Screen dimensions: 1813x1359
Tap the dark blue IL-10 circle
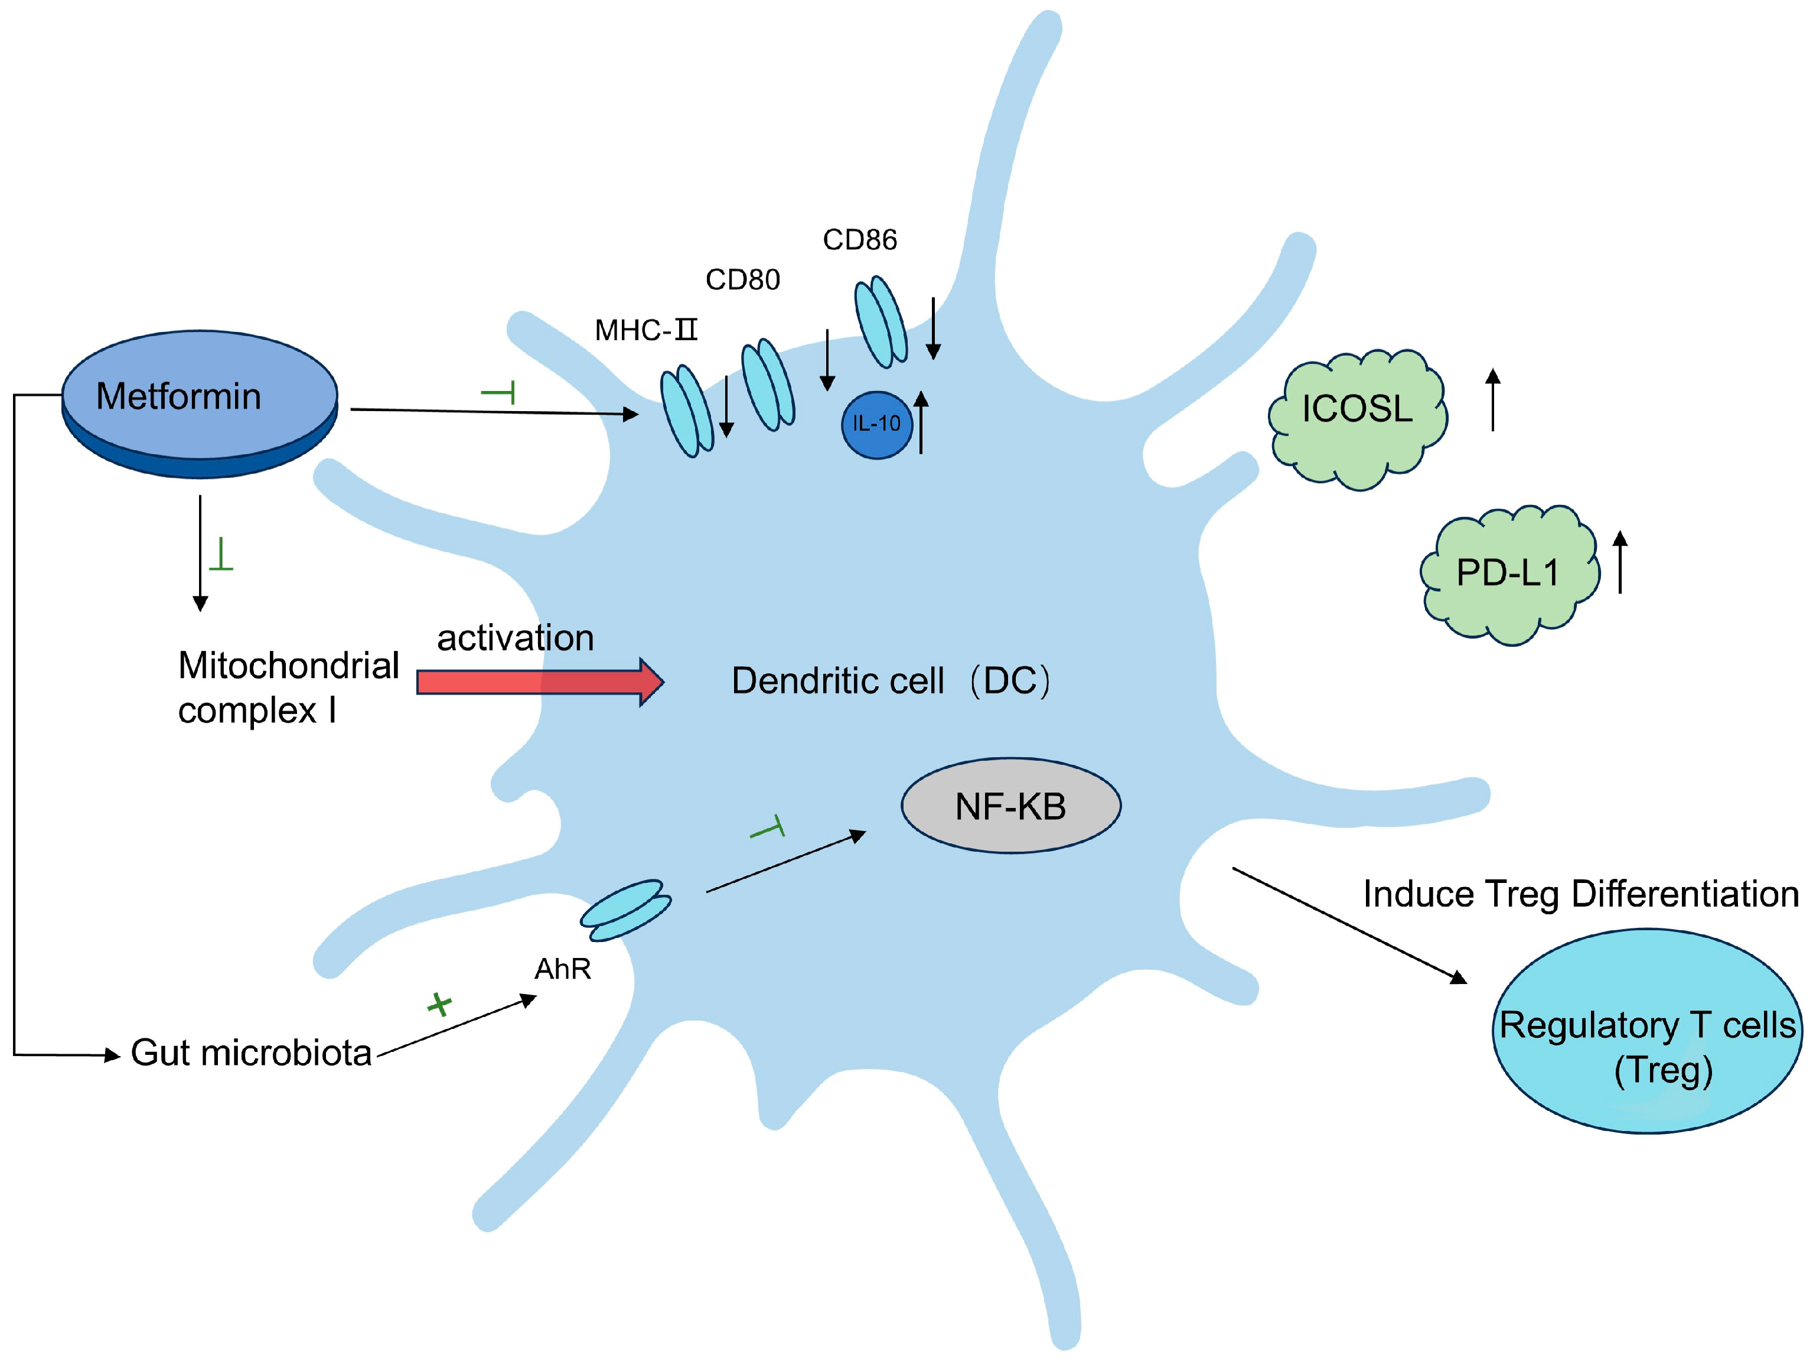876,425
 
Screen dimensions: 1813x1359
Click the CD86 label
860,239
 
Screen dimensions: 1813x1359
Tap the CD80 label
742,279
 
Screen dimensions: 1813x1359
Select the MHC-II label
646,330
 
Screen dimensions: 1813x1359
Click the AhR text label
563,969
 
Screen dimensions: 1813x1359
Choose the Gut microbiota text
251,1053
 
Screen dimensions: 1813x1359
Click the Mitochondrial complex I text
289,687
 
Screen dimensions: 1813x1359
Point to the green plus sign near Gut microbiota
439,1004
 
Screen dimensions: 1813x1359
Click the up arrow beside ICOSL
1494,399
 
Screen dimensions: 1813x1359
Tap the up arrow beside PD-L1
1620,562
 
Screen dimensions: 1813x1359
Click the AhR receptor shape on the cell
626,910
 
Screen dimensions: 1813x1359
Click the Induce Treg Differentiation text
1581,894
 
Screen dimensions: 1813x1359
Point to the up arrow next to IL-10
921,422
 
